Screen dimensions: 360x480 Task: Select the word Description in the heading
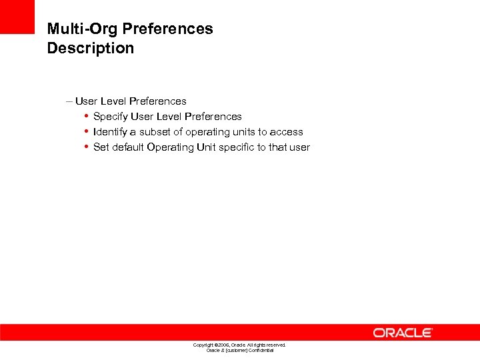[90, 48]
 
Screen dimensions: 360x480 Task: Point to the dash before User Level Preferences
[69, 101]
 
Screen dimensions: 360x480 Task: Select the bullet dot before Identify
[87, 131]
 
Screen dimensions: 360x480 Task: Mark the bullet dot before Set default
[87, 147]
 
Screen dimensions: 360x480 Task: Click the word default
[128, 147]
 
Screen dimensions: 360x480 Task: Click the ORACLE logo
[403, 333]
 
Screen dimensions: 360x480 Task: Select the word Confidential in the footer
[259, 351]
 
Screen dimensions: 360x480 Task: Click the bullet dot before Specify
[87, 116]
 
